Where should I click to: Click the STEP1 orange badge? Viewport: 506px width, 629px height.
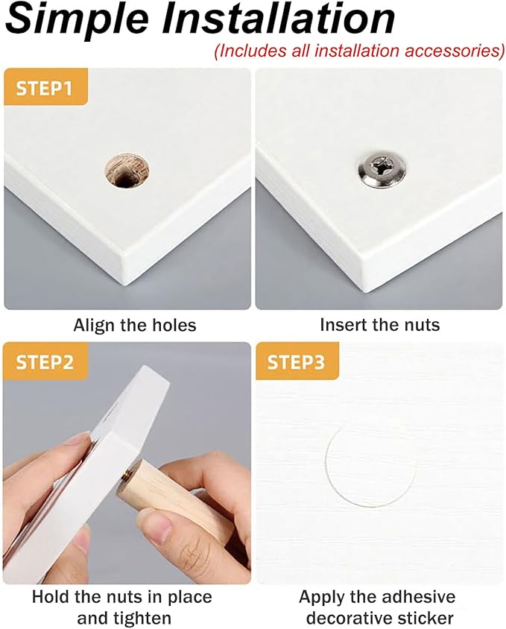click(45, 87)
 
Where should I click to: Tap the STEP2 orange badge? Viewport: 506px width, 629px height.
click(45, 361)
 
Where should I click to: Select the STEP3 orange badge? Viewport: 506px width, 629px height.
click(297, 361)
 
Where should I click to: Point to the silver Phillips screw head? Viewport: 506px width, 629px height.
click(382, 169)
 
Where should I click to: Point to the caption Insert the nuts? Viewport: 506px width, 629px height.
click(379, 324)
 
